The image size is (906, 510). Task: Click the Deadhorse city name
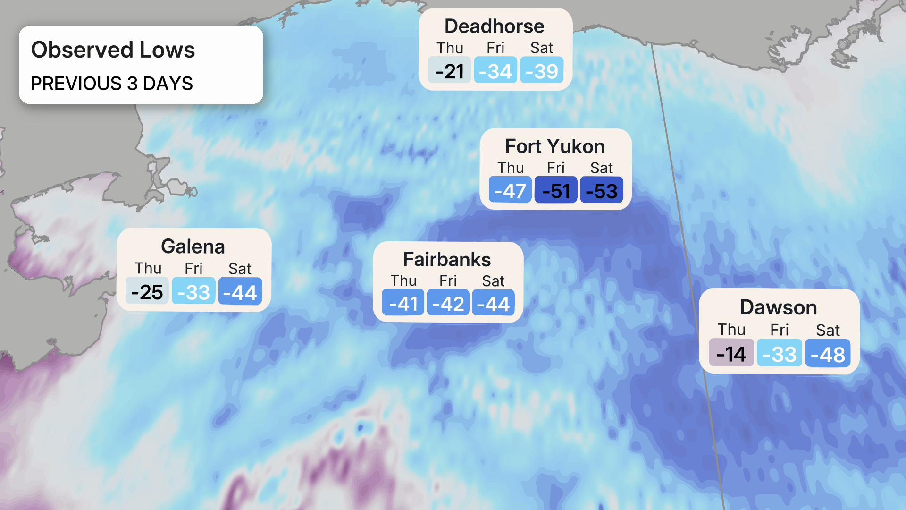[x=494, y=26]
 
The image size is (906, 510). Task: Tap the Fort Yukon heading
[x=554, y=146]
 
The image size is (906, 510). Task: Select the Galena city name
[x=193, y=246]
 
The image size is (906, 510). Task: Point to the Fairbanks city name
[x=447, y=259]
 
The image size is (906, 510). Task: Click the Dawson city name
[x=778, y=307]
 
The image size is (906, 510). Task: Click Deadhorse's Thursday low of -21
[x=449, y=71]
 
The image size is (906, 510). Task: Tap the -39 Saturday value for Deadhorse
[x=542, y=71]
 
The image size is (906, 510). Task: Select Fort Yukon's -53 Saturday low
[x=601, y=190]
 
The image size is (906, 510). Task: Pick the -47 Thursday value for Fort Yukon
[x=510, y=190]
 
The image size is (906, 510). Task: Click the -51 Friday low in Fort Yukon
[x=556, y=190]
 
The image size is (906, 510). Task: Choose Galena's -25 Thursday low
[x=147, y=292]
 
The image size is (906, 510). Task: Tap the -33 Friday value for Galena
[x=193, y=292]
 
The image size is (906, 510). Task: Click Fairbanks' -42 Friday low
[x=448, y=303]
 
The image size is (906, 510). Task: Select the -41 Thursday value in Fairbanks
[x=403, y=303]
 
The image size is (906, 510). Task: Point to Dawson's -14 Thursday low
[x=731, y=354]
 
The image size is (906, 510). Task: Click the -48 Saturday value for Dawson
[x=828, y=354]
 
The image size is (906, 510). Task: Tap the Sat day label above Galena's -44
[x=240, y=268]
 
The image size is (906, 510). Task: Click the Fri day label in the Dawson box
[x=779, y=329]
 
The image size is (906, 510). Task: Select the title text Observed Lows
[x=113, y=50]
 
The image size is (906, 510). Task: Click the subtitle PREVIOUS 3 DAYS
[x=112, y=83]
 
